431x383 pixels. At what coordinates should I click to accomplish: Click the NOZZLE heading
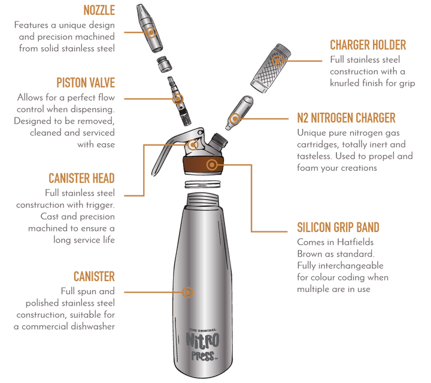100,11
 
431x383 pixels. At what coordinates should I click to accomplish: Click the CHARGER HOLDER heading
368,45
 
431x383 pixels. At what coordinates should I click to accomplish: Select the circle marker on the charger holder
276,59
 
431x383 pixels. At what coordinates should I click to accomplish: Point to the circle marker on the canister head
192,144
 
